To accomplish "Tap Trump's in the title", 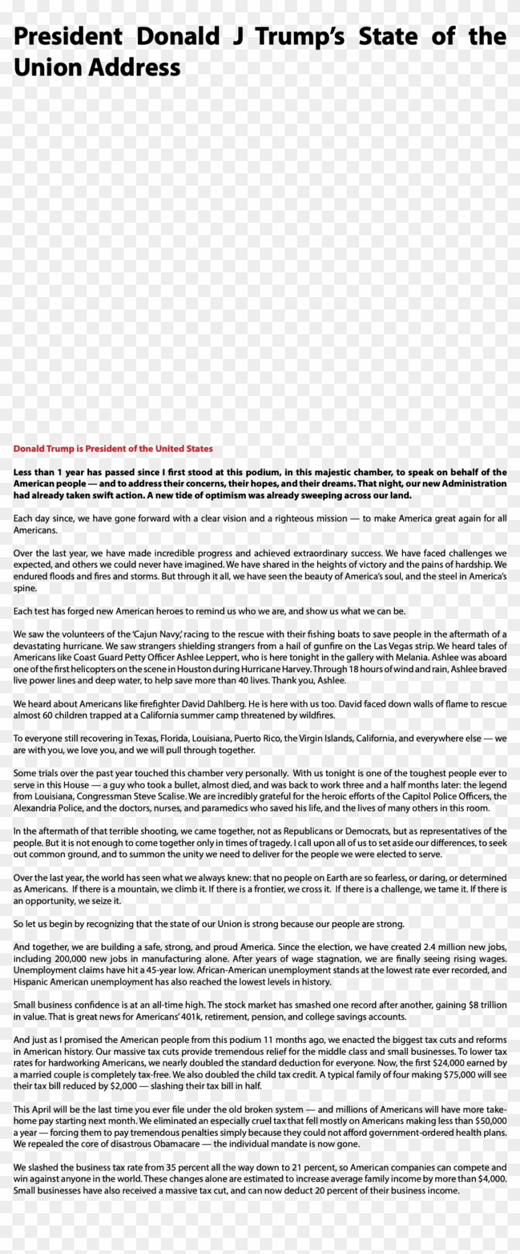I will tap(300, 37).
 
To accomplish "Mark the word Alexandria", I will tap(34, 808).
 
